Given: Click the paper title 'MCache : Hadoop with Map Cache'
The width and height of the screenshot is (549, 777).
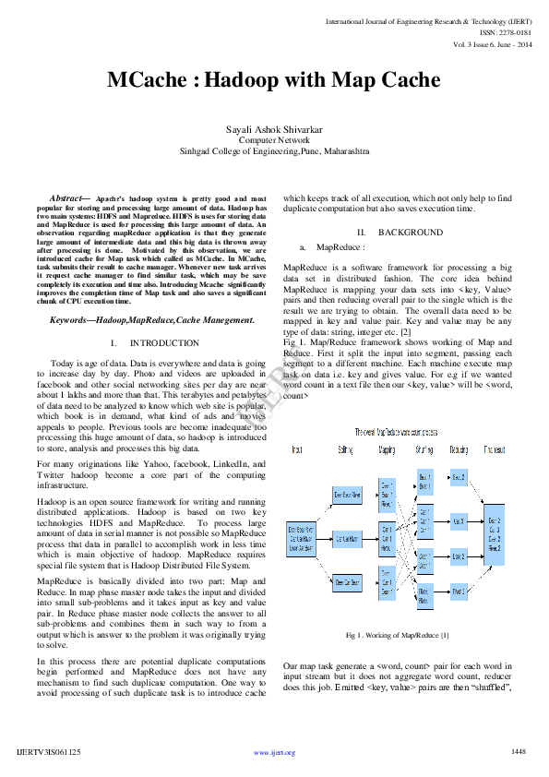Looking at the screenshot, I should click(x=274, y=80).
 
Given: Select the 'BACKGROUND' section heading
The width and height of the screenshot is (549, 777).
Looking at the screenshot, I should click(x=411, y=233).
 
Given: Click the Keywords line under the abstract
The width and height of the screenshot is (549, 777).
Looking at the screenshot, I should click(x=151, y=319).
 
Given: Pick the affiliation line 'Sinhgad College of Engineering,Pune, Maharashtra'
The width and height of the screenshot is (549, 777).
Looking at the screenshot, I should click(x=274, y=149).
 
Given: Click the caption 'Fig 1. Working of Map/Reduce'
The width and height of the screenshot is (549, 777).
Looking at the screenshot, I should click(x=398, y=635).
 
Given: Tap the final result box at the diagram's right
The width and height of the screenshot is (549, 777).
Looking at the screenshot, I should click(x=494, y=534).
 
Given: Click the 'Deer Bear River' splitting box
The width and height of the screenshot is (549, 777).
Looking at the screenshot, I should click(x=347, y=496).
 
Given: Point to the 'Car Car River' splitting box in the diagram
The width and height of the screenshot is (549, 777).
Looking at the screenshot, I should click(x=347, y=537).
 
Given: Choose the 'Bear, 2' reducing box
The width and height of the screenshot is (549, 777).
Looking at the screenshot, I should click(x=459, y=477).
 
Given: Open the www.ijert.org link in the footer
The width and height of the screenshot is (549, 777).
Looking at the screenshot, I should click(x=274, y=753).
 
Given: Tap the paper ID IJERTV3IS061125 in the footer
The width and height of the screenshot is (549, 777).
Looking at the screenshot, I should click(x=49, y=752).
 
